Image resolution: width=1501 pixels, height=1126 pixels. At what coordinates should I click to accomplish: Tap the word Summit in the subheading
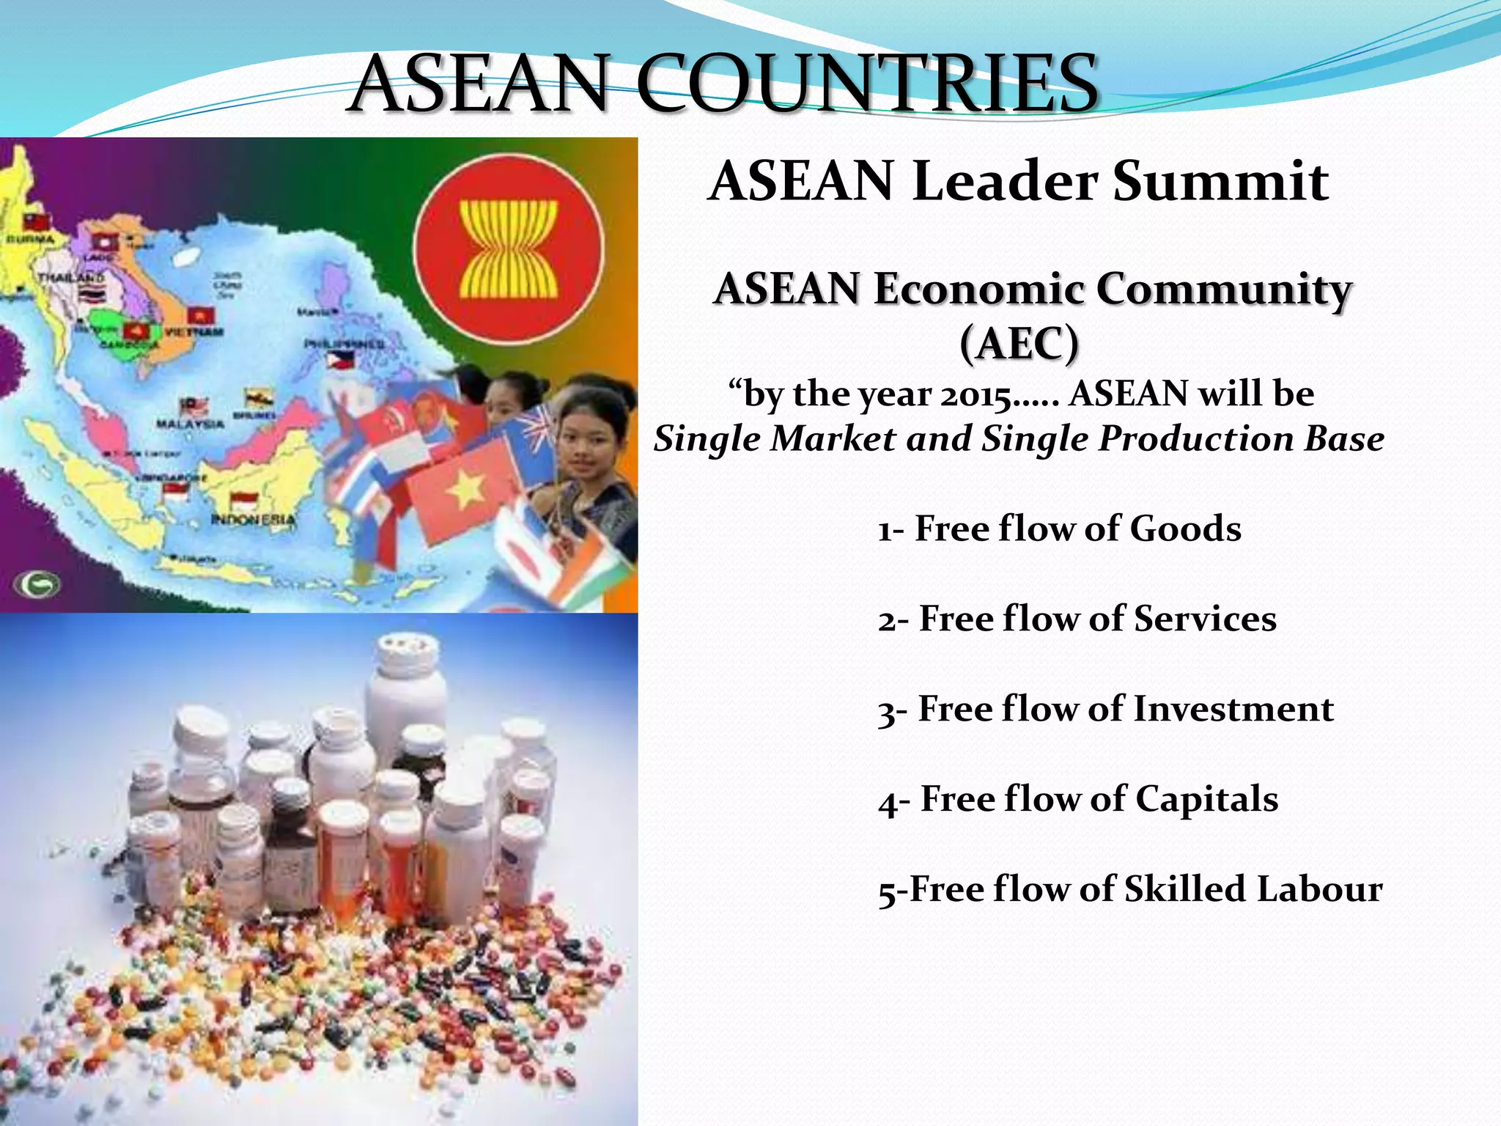(1220, 181)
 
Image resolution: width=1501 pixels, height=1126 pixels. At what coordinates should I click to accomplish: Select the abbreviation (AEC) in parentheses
(1019, 342)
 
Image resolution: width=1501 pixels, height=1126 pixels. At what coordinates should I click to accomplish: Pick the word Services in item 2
(1205, 619)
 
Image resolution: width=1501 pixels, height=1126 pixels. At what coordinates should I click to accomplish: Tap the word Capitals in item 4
(1206, 799)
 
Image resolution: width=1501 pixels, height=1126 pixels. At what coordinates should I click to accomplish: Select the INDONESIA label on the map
(253, 520)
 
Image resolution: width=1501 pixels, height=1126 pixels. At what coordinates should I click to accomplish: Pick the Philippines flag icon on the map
(340, 360)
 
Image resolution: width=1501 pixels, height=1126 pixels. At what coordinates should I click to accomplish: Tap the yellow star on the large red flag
(464, 489)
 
